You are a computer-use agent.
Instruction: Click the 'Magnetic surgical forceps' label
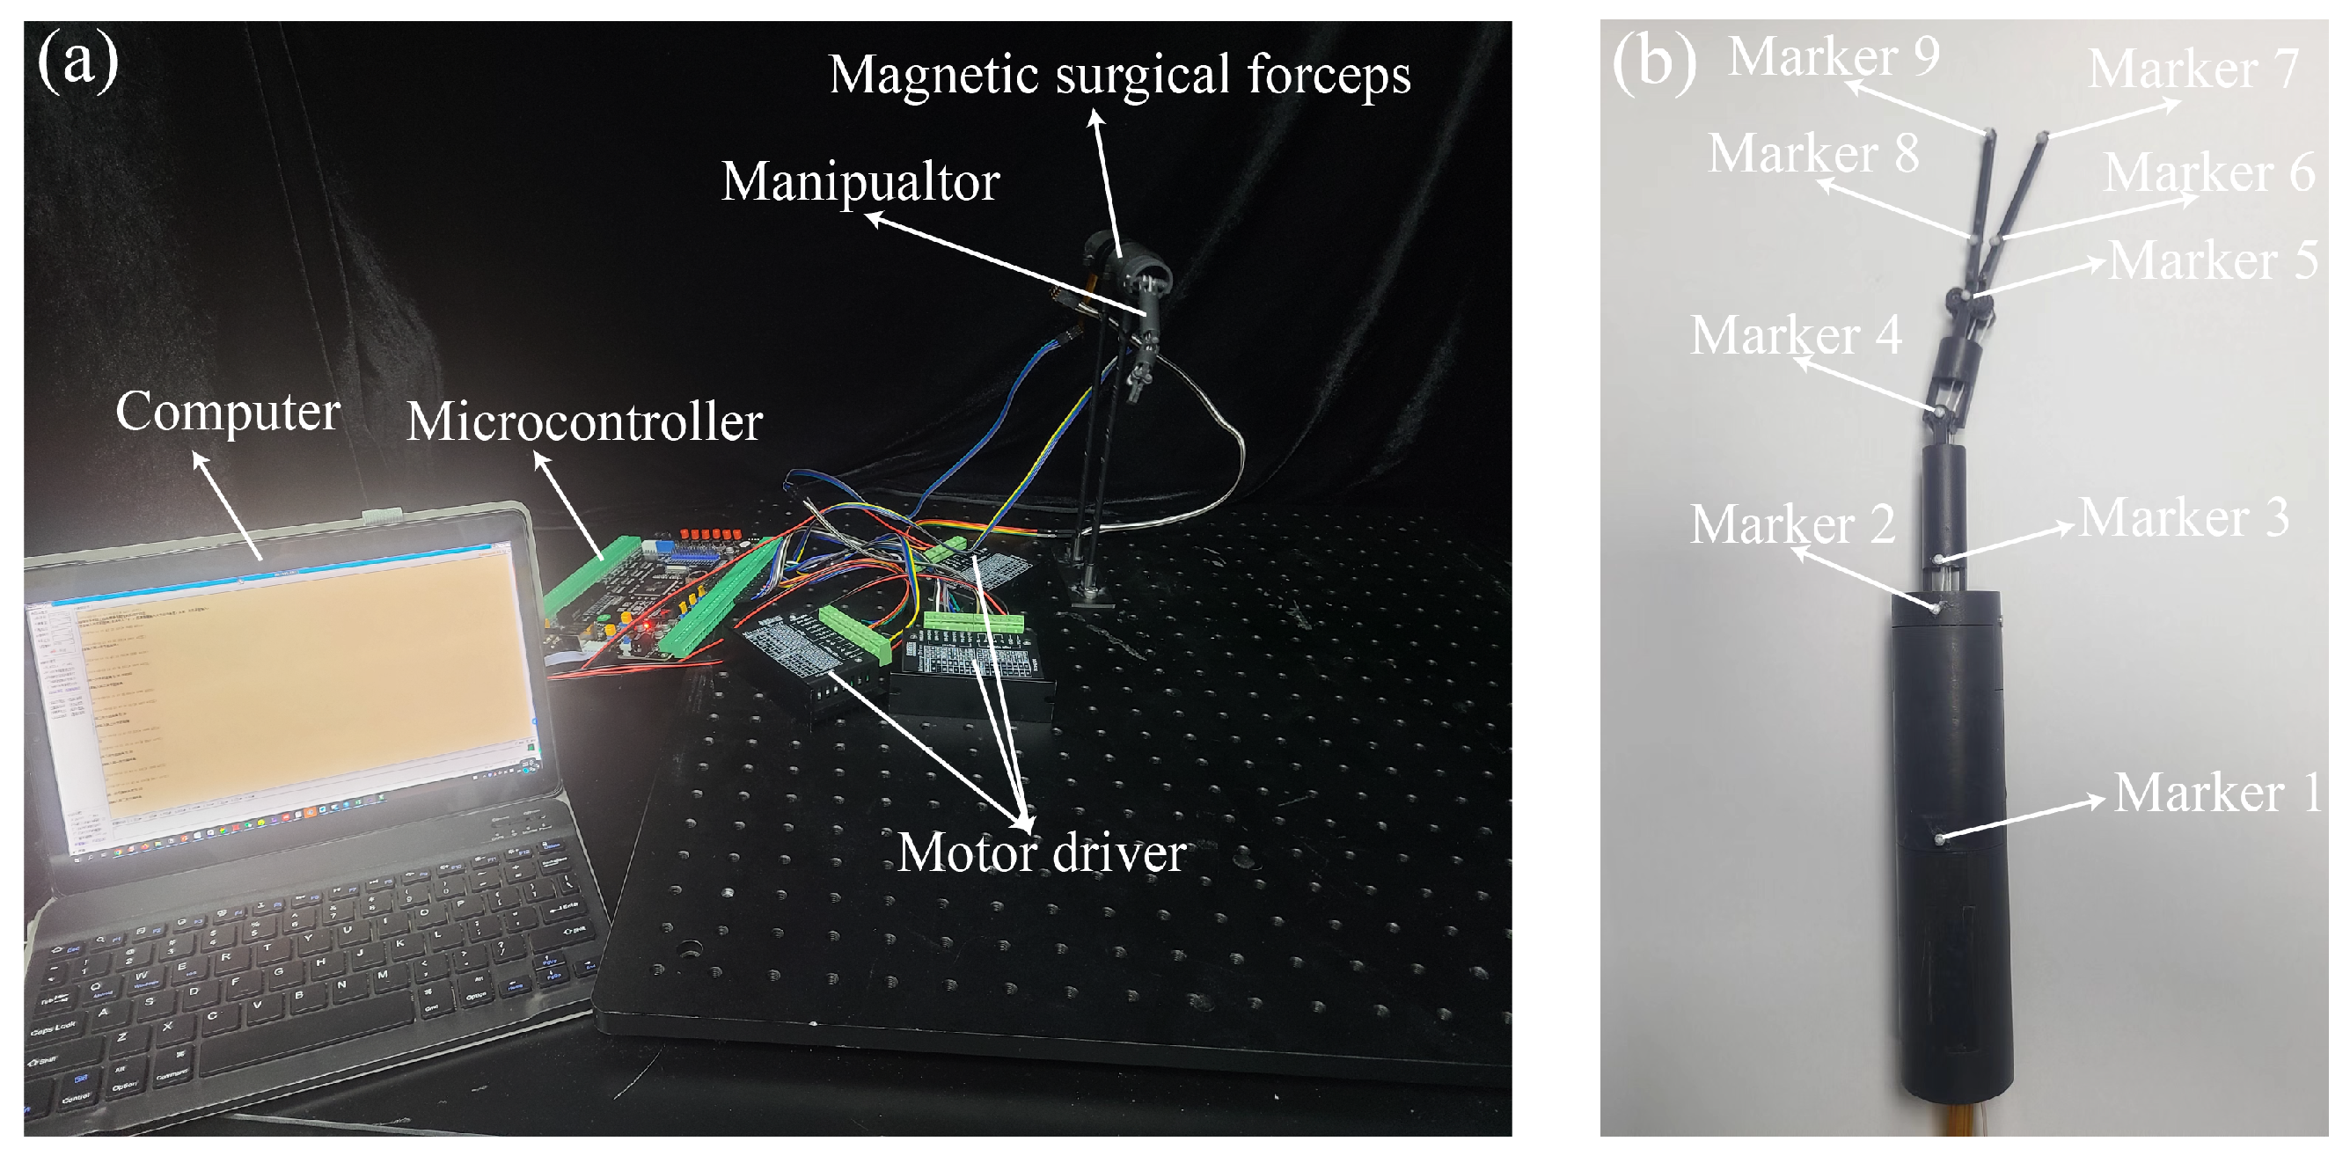(1119, 75)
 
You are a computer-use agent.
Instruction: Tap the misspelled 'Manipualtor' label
(860, 181)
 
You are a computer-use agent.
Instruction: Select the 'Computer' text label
(227, 413)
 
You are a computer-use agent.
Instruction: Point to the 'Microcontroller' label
(584, 422)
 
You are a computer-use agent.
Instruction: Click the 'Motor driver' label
(1041, 854)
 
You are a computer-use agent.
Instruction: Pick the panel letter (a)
(77, 61)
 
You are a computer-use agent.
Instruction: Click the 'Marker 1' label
(2217, 793)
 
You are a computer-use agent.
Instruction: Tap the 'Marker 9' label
(1834, 56)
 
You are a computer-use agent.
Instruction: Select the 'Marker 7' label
(2193, 70)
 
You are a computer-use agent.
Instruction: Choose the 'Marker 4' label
(1796, 335)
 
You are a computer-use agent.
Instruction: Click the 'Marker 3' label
(2183, 518)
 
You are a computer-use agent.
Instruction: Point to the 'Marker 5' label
(2212, 261)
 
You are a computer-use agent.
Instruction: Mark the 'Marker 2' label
(1792, 524)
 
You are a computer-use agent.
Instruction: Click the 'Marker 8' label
(1812, 153)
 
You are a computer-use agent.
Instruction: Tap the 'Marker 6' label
(2208, 172)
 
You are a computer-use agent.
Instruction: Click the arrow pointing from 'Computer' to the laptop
(227, 506)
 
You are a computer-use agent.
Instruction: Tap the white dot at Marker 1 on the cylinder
(1939, 838)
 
